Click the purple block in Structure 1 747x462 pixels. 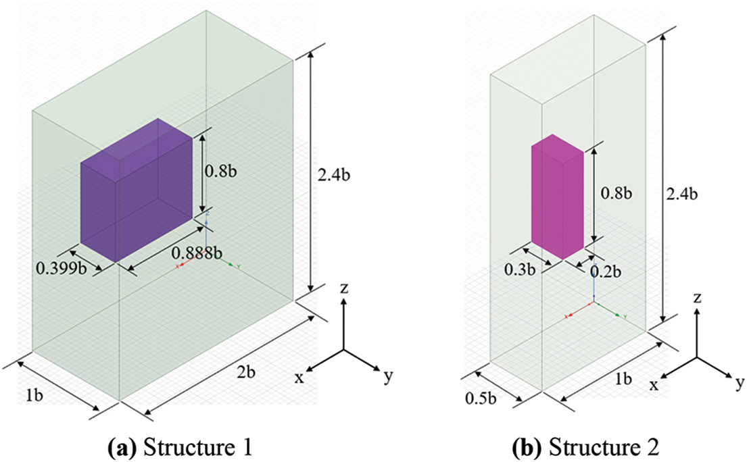(137, 190)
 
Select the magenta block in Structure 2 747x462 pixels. (558, 197)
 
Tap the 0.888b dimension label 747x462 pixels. (197, 253)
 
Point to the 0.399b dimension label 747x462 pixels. (62, 269)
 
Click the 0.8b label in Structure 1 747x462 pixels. (220, 171)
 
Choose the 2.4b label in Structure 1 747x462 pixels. (334, 175)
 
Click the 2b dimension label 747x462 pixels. (246, 372)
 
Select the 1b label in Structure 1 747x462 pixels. (34, 396)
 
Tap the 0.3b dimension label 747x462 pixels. (520, 269)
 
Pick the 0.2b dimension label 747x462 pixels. (606, 272)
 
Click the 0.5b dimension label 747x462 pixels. (480, 398)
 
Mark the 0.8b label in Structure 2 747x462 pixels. (617, 193)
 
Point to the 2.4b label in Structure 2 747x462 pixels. (681, 195)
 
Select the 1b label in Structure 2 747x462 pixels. (624, 379)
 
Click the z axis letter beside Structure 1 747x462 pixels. (343, 288)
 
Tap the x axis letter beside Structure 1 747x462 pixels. (299, 378)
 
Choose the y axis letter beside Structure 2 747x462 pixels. (740, 382)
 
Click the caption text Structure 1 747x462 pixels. (197, 448)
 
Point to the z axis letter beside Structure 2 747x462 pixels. (698, 299)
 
